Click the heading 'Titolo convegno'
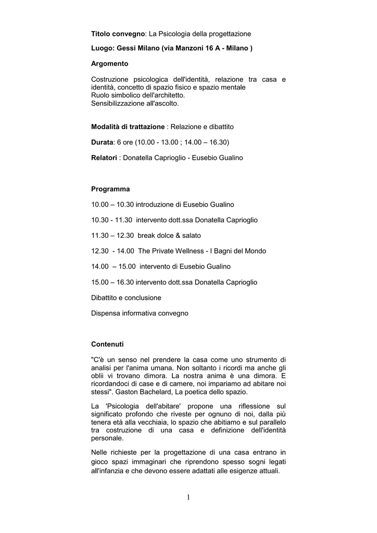118,34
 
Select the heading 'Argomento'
109,64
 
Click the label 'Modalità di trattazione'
128,126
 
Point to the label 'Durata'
102,142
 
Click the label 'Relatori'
104,157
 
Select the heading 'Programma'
110,189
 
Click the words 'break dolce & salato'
169,235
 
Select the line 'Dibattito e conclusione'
126,298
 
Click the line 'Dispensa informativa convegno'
140,313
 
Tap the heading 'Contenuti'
107,345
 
